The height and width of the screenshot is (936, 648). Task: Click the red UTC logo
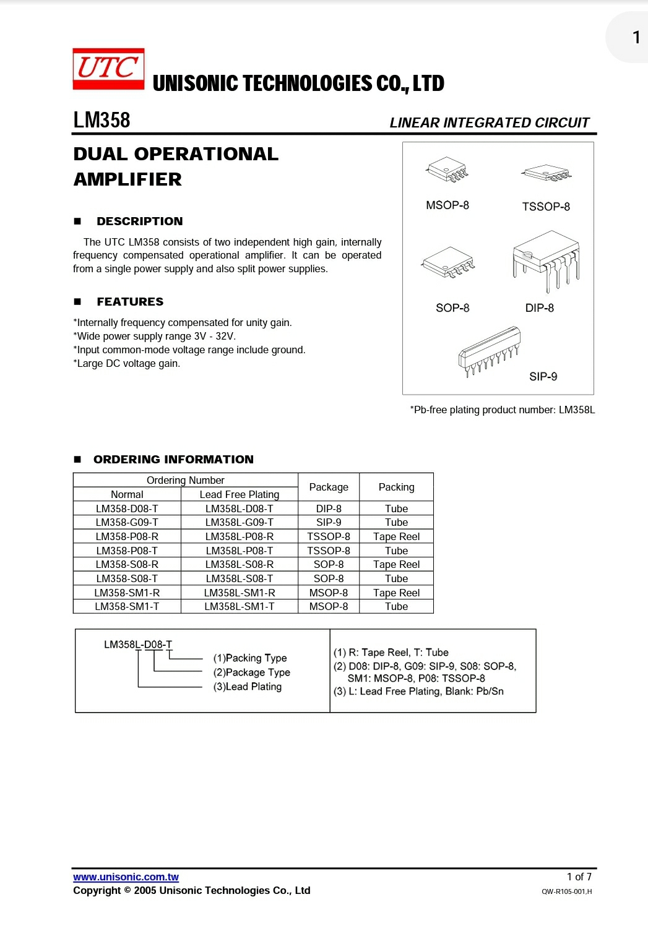click(x=108, y=69)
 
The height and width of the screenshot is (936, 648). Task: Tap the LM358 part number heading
click(x=102, y=120)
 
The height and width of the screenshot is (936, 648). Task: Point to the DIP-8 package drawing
click(x=546, y=260)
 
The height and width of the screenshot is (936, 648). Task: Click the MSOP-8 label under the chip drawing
click(x=447, y=205)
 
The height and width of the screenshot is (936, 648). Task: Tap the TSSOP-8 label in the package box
click(x=545, y=207)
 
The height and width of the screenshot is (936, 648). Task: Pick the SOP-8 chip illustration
click(x=448, y=262)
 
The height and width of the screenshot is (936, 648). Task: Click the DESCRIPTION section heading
click(x=139, y=221)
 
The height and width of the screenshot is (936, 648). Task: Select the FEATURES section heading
click(x=130, y=302)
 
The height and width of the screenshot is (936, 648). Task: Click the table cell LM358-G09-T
click(x=127, y=522)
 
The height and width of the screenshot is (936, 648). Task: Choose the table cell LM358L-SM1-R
click(x=240, y=593)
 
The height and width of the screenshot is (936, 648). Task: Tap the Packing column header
click(x=396, y=487)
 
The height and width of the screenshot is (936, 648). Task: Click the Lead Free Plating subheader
click(x=240, y=494)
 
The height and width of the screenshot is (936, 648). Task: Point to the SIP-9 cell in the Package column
click(x=329, y=522)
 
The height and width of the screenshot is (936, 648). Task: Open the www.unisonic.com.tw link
click(x=126, y=877)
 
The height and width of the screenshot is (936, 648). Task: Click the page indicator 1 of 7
click(x=579, y=877)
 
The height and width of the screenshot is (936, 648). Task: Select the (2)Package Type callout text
click(x=251, y=672)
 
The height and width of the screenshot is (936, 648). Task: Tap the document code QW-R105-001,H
click(x=566, y=891)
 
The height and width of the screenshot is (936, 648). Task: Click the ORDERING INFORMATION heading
click(x=173, y=460)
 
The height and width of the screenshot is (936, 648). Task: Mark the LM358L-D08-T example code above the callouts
click(x=138, y=645)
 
